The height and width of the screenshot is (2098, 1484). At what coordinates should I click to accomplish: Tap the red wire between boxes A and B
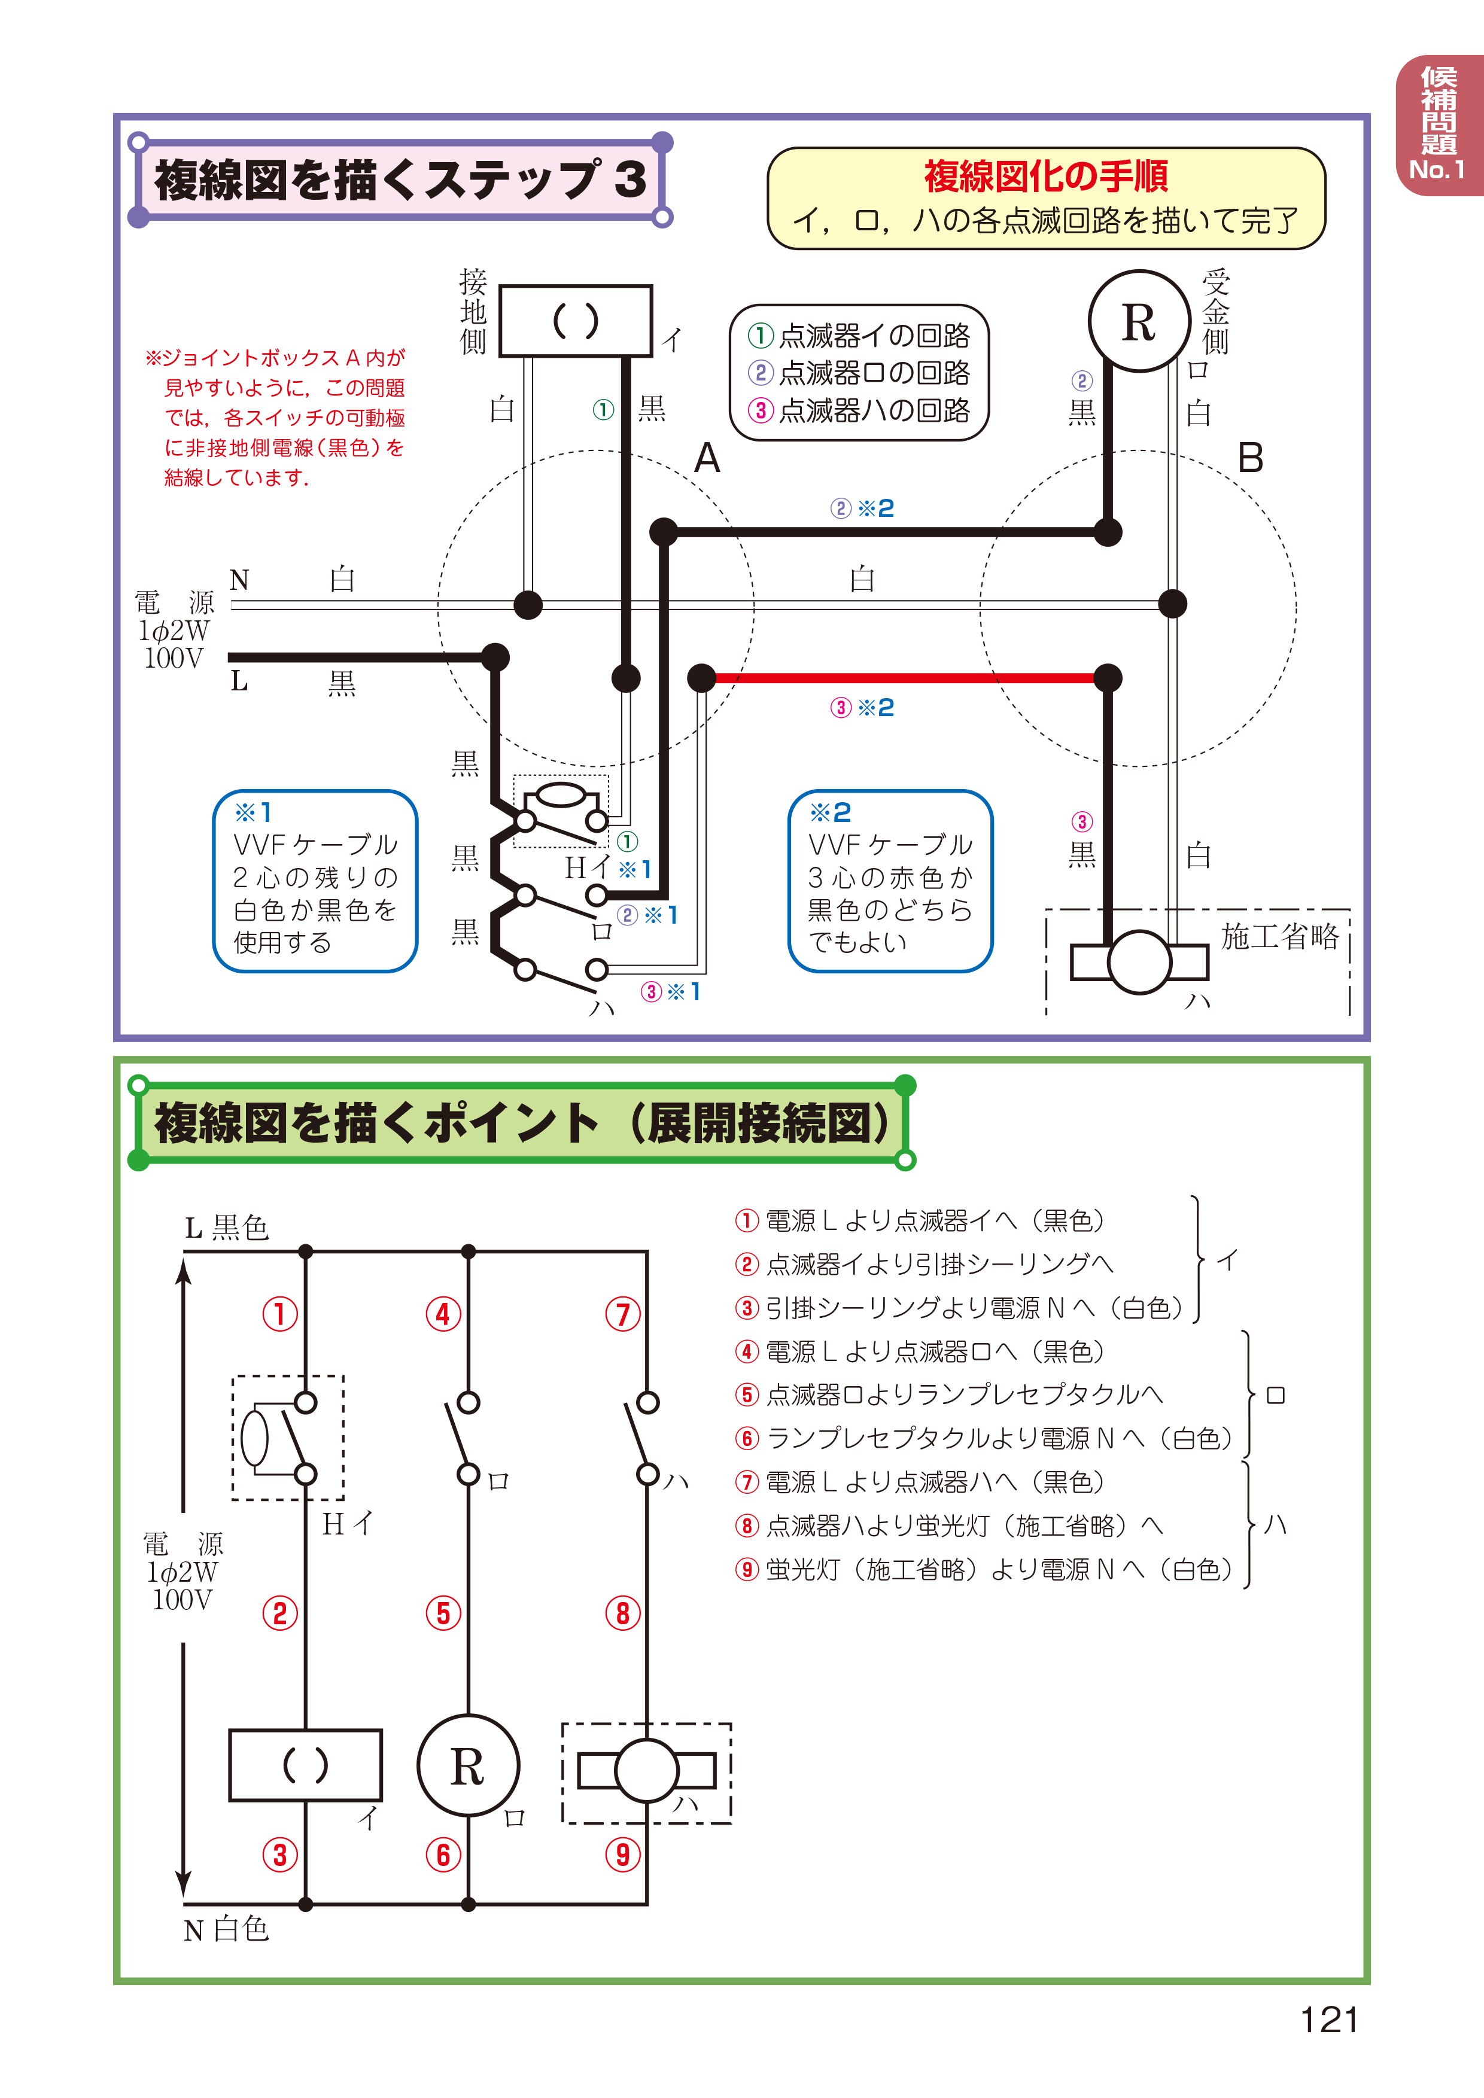(x=905, y=678)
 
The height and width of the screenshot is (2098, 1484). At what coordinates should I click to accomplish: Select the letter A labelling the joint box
(x=707, y=458)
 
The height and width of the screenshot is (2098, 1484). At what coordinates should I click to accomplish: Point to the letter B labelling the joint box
(x=1250, y=458)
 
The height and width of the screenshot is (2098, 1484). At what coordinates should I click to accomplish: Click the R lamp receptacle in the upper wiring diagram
(x=1139, y=322)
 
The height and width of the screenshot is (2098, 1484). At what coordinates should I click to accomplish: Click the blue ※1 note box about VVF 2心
(x=315, y=881)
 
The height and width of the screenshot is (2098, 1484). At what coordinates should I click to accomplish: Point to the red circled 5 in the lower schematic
(x=443, y=1613)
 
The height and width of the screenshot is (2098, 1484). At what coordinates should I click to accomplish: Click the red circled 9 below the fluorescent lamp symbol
(x=623, y=1855)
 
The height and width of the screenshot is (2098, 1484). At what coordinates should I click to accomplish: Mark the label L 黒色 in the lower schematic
(x=227, y=1227)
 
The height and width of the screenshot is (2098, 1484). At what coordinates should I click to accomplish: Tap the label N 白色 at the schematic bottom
(x=227, y=1929)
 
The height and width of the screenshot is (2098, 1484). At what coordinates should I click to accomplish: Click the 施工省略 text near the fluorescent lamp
(x=1279, y=937)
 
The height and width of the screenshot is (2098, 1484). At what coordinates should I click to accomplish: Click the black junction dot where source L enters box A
(x=494, y=656)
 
